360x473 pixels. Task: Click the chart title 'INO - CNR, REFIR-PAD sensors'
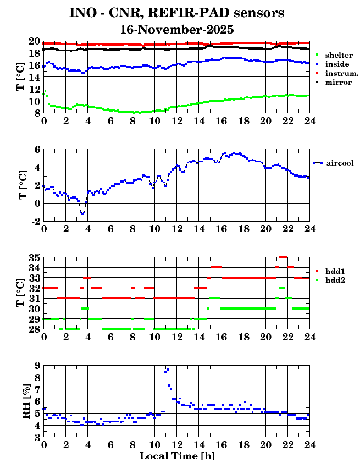click(x=176, y=12)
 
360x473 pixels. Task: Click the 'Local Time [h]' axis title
click(x=176, y=456)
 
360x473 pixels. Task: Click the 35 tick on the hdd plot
click(x=34, y=257)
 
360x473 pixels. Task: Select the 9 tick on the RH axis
click(x=37, y=365)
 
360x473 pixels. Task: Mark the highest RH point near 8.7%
click(x=167, y=369)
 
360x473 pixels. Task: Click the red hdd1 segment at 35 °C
click(x=283, y=257)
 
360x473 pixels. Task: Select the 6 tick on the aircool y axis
click(x=37, y=149)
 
